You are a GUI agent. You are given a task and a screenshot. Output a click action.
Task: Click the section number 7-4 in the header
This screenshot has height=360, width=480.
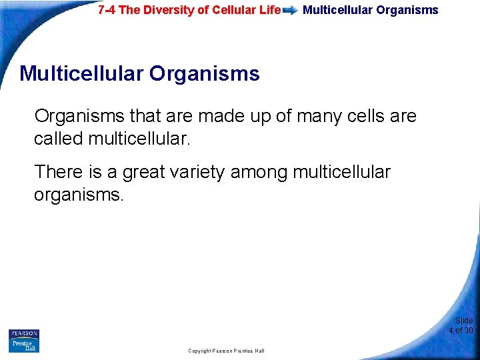(x=107, y=10)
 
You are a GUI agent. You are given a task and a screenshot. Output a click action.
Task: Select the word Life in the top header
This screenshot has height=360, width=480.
(x=268, y=10)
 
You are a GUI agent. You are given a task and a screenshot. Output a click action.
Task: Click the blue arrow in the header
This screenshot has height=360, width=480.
(x=290, y=11)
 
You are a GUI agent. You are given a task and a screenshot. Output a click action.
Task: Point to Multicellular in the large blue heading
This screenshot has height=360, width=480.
(x=81, y=73)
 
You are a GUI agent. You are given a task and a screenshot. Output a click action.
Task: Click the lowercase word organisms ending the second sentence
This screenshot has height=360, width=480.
(x=78, y=195)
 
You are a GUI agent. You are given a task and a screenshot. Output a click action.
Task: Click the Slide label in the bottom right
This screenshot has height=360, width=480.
(x=464, y=321)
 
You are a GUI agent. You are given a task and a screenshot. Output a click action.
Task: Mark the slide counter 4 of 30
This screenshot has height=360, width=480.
(x=461, y=331)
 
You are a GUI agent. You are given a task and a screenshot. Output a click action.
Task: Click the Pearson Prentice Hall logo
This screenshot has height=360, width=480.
(x=24, y=341)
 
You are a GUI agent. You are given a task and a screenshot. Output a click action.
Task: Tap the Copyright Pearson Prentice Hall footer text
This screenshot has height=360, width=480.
(x=226, y=351)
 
